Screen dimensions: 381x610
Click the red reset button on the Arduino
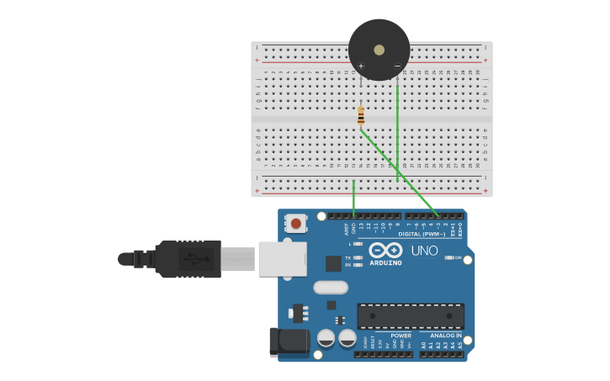(x=296, y=224)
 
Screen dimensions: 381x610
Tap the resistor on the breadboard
(x=361, y=115)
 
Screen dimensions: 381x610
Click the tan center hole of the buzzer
(x=379, y=50)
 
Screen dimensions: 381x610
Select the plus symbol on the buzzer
(x=361, y=66)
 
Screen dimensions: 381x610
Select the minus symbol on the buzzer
(x=397, y=66)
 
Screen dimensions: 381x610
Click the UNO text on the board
(x=424, y=251)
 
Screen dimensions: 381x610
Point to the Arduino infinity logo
(x=385, y=250)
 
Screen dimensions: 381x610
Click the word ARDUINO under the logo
(x=385, y=262)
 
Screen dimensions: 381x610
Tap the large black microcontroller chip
(x=411, y=316)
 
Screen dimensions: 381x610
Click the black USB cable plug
(x=189, y=259)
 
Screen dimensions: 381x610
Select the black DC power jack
(x=288, y=341)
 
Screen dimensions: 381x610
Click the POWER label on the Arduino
(x=400, y=336)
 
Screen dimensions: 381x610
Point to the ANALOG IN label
(x=446, y=336)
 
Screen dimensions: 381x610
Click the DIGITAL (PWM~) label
(x=422, y=234)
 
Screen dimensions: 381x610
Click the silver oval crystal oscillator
(x=331, y=288)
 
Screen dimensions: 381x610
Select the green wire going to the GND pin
(x=353, y=199)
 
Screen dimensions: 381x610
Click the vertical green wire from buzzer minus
(x=397, y=135)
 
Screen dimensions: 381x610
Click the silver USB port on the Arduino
(x=282, y=259)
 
